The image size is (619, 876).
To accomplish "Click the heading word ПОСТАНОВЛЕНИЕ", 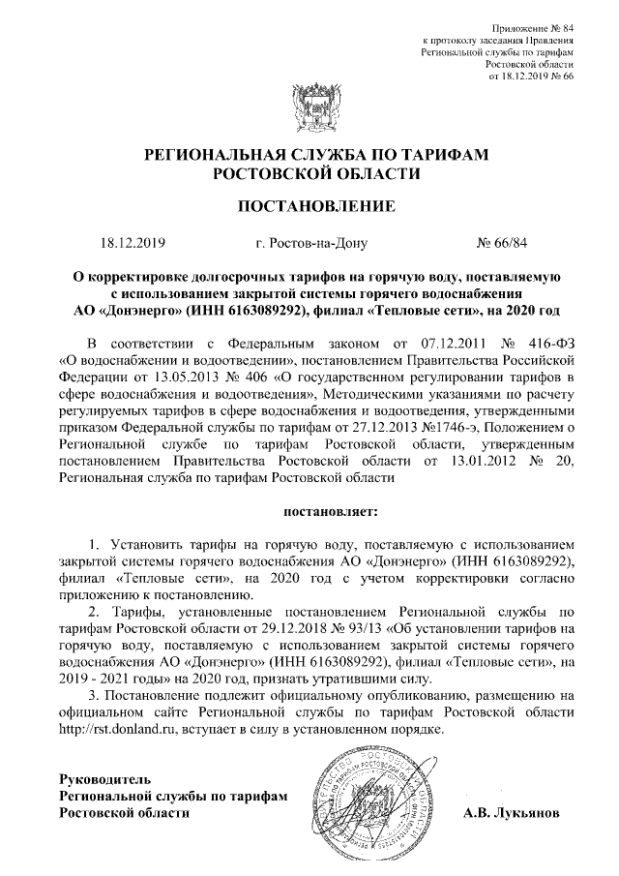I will coord(309,205).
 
